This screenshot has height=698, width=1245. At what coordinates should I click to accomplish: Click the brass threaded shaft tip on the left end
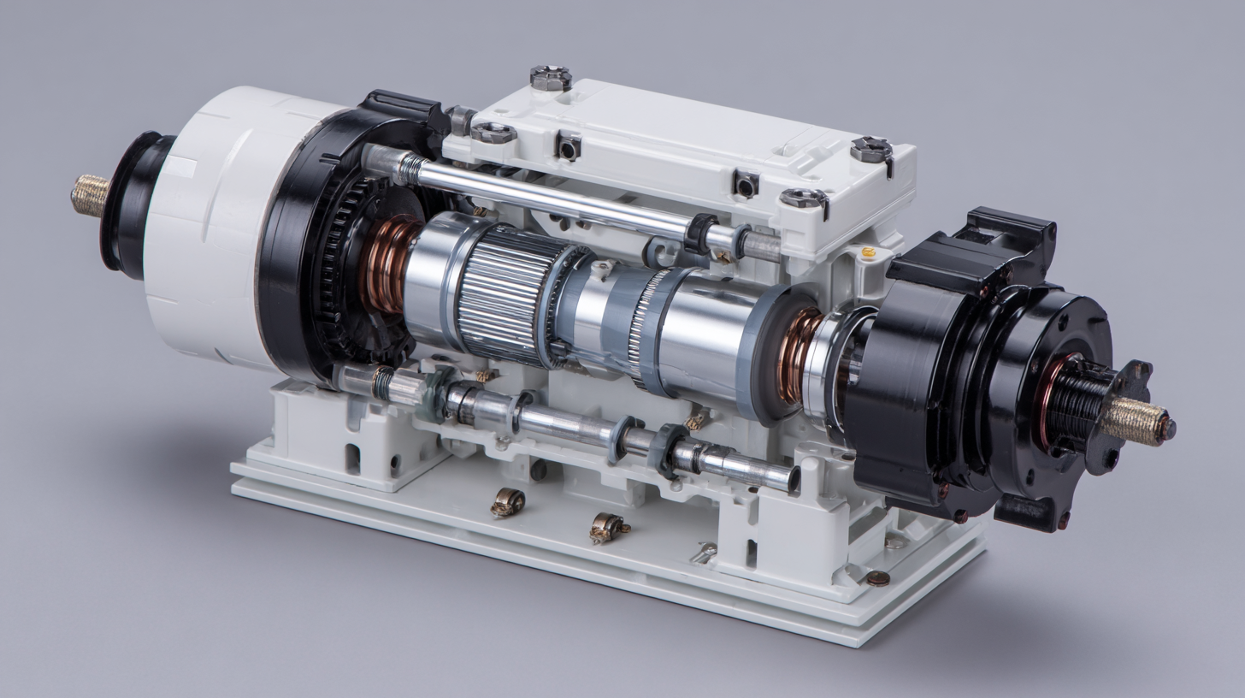90,195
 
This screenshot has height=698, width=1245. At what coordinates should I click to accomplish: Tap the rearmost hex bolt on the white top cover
550,77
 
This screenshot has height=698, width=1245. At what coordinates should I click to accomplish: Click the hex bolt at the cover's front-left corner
493,133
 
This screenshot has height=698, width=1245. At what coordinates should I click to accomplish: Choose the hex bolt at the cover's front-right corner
804,198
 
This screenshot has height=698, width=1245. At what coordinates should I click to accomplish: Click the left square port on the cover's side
567,146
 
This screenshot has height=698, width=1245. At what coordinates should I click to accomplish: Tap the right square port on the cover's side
745,182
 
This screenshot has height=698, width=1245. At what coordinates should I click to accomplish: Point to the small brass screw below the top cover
868,252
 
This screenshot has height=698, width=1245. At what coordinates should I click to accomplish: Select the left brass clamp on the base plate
507,502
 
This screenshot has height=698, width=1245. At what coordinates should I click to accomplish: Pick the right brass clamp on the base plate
605,529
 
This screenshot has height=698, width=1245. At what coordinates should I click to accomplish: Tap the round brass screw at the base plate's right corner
877,577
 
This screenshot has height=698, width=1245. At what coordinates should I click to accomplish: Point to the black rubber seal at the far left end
128,205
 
